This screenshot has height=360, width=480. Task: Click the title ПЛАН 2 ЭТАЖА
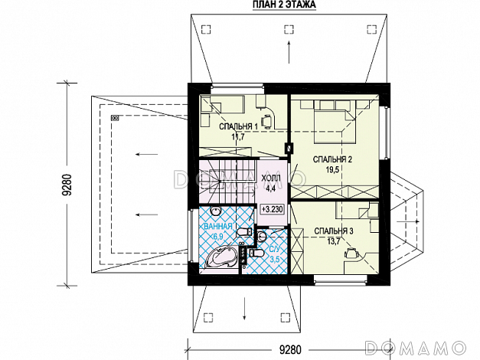coord(284,5)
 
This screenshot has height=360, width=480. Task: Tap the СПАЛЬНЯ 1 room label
coord(239,126)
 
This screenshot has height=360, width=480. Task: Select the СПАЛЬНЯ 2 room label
coord(332,159)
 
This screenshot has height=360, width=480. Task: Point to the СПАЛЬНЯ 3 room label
coord(334,231)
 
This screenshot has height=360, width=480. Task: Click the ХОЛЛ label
coord(270,178)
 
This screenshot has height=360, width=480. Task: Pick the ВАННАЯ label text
coord(218,227)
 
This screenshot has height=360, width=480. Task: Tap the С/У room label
coord(275,250)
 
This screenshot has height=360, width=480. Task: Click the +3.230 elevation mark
coord(272,210)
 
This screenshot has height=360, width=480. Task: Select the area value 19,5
coord(332,169)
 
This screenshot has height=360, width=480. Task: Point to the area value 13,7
coord(334,241)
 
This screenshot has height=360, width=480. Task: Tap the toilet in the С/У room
coord(256,253)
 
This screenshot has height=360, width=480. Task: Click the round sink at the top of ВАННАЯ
coord(216,211)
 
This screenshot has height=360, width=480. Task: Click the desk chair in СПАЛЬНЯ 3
coord(351,253)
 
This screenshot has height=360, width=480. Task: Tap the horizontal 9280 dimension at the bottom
coord(290,349)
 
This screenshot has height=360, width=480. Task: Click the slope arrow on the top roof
coord(289,52)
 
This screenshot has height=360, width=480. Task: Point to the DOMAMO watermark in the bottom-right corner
coord(416,348)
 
